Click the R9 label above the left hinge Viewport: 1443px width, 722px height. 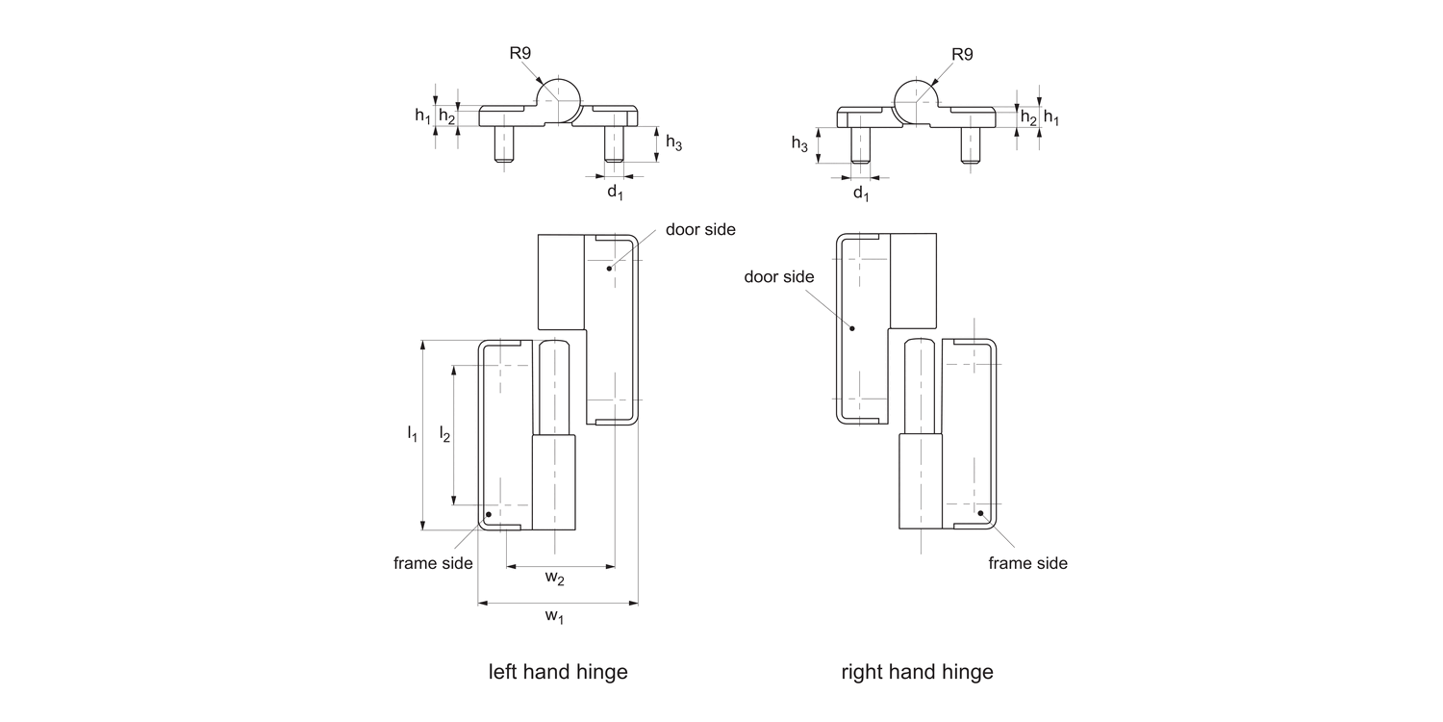coord(520,54)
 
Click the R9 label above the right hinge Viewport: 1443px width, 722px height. coord(961,54)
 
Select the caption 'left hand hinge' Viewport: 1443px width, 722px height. coord(558,672)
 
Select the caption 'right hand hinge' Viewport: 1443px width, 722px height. coord(917,672)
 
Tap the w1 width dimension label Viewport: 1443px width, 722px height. coord(555,616)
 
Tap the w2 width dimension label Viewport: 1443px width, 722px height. coord(555,578)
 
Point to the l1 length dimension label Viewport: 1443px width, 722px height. coord(412,433)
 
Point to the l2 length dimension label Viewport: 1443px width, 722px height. coord(443,434)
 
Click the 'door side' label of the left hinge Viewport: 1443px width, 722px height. coord(700,229)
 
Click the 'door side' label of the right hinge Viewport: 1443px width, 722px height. coord(779,276)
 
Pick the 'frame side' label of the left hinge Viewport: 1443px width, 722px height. coord(433,563)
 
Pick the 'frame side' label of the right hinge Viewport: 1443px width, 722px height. coord(1027,563)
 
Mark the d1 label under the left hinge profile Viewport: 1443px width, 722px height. coord(615,193)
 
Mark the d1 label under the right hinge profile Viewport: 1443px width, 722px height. coord(861,194)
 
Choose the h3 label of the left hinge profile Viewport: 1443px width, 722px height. coord(674,143)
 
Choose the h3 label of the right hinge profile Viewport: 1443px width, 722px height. coord(799,143)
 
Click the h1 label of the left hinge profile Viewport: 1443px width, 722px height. coord(422,116)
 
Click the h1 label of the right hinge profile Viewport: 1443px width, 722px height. coord(1051,117)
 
